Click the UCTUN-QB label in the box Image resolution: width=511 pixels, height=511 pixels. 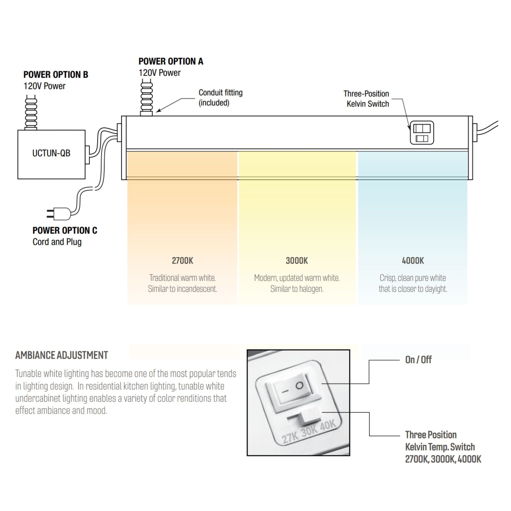[51, 153]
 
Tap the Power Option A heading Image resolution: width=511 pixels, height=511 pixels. [171, 61]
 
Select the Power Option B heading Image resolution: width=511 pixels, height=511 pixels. [56, 75]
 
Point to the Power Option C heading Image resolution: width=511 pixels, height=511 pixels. [65, 230]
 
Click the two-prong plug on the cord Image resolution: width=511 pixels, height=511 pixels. [59, 213]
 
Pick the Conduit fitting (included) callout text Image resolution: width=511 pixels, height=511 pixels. [220, 98]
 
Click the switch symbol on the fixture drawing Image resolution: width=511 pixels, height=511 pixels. [422, 133]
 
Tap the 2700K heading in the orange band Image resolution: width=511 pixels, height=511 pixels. [182, 261]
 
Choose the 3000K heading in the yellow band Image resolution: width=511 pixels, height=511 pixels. [297, 261]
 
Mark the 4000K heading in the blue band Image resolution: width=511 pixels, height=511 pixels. [413, 261]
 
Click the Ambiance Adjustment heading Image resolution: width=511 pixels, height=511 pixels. [62, 355]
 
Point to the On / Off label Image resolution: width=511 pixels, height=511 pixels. [418, 360]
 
